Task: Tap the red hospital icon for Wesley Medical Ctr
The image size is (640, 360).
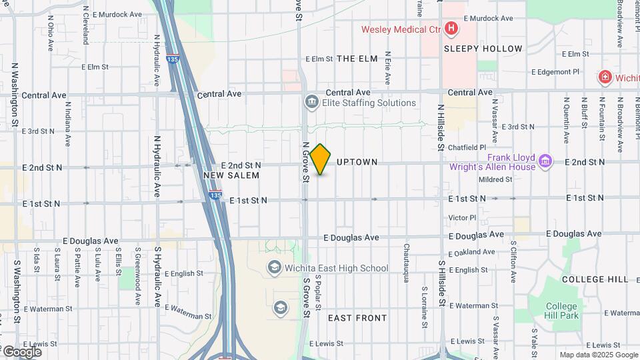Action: click(x=451, y=29)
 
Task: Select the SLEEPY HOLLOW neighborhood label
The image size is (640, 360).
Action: click(x=483, y=49)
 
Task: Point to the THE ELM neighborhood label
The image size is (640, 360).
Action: click(x=357, y=59)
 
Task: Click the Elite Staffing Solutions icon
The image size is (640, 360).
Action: click(x=311, y=103)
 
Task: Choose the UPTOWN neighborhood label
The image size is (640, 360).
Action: click(x=357, y=162)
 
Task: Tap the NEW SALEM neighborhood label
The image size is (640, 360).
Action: click(x=231, y=175)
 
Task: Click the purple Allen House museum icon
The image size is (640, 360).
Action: click(x=545, y=161)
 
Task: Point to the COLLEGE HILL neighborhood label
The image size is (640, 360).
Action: click(x=595, y=279)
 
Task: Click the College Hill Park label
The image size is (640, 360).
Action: click(x=561, y=311)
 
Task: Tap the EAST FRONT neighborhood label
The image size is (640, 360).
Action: click(x=357, y=318)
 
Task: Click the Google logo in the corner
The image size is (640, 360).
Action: click(x=21, y=351)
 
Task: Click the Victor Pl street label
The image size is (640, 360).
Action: click(x=462, y=217)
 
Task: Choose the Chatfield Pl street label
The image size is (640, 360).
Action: click(x=467, y=147)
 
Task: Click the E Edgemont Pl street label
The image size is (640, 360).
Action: click(x=560, y=72)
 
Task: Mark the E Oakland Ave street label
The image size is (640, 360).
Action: click(x=472, y=252)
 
